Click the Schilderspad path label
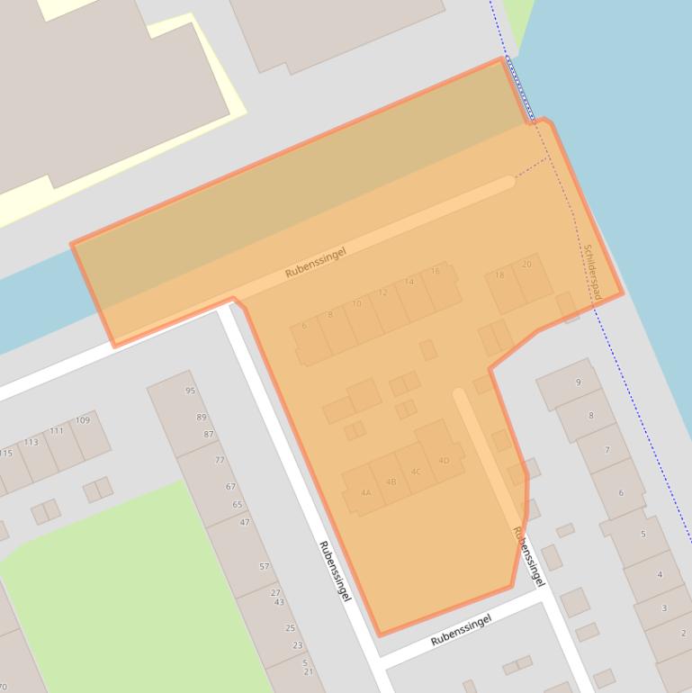click(x=591, y=266)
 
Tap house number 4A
click(x=365, y=492)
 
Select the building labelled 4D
click(x=444, y=461)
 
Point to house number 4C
click(x=416, y=472)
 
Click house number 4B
click(x=391, y=481)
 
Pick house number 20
click(x=526, y=265)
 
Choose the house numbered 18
click(x=499, y=275)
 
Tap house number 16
click(x=436, y=271)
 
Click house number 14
click(x=409, y=282)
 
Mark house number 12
click(x=382, y=292)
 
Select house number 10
click(x=356, y=303)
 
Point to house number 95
click(x=190, y=391)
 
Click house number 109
click(x=83, y=420)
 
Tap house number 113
click(x=31, y=442)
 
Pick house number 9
click(x=578, y=382)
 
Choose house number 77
click(x=220, y=460)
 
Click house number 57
click(x=264, y=566)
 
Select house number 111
click(x=57, y=431)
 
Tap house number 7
click(x=607, y=450)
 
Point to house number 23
click(x=297, y=645)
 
